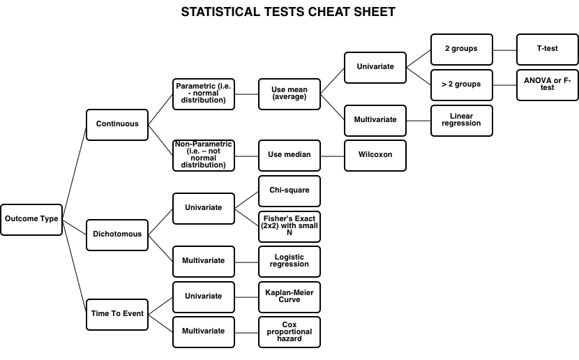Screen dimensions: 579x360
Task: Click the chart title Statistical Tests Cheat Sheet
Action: pos(288,12)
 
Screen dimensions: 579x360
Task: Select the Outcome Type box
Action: pos(31,219)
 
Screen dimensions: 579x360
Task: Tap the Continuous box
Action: pos(117,124)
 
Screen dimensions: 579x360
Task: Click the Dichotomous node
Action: pos(117,234)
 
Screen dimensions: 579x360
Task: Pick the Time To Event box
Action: pos(117,314)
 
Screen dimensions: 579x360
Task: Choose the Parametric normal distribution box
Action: pos(204,93)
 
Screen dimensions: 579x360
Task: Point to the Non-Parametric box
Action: pos(204,155)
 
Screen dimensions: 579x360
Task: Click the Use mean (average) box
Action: pos(289,93)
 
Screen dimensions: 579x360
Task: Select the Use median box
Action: pos(289,155)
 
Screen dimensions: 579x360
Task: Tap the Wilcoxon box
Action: pos(375,155)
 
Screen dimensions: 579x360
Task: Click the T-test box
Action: pos(547,50)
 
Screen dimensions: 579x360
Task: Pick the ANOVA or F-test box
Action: pos(547,84)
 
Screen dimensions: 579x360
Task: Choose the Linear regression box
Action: pos(461,120)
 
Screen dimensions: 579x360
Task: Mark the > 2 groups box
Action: pos(461,84)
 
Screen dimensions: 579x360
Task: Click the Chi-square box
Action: pos(289,190)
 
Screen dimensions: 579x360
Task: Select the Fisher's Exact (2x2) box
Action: pos(289,225)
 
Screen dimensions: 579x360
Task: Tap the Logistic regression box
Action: pos(289,261)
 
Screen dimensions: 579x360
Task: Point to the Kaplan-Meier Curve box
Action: pos(289,296)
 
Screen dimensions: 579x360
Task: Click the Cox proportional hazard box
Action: pos(289,331)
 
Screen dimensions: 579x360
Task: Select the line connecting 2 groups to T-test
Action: pos(504,50)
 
